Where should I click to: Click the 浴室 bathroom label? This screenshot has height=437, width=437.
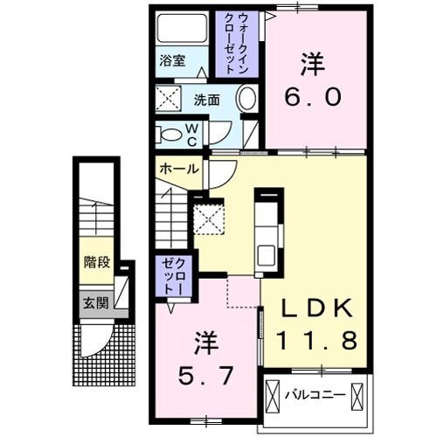pyautogui.click(x=172, y=61)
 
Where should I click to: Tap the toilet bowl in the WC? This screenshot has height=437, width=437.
pyautogui.click(x=167, y=134)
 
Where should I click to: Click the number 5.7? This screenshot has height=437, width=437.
pyautogui.click(x=207, y=377)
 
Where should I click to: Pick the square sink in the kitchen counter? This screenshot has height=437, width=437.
pyautogui.click(x=267, y=255)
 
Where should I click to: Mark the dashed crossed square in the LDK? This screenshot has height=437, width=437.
pyautogui.click(x=210, y=218)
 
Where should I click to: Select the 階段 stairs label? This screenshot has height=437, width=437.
pyautogui.click(x=97, y=261)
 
